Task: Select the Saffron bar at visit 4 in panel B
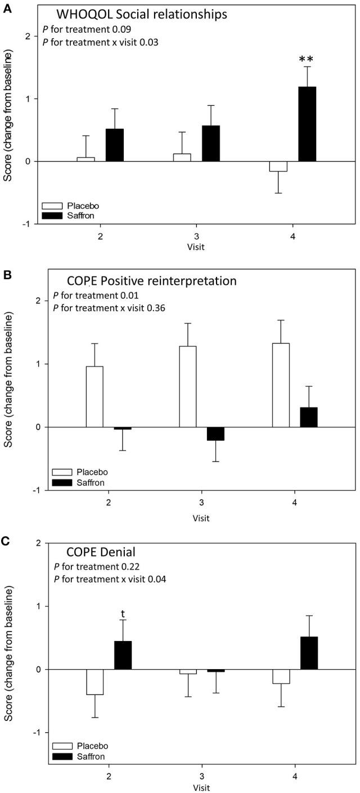point(309,417)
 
